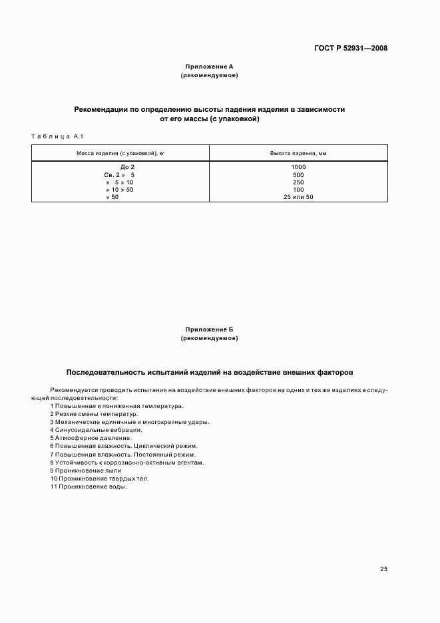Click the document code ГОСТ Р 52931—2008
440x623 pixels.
[x=351, y=48]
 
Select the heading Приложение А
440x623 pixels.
[x=209, y=67]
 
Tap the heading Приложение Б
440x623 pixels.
[x=209, y=329]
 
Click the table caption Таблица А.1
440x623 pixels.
[x=56, y=136]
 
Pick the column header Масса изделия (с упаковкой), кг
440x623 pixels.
[x=120, y=153]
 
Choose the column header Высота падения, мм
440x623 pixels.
[x=298, y=153]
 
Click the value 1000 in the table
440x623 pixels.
[x=298, y=166]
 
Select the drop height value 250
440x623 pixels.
[x=298, y=182]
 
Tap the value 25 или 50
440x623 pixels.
[x=298, y=197]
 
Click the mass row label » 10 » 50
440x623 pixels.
[x=119, y=190]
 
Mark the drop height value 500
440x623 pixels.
[x=298, y=174]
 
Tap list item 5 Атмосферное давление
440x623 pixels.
[x=91, y=437]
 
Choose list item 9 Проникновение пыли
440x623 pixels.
[x=85, y=470]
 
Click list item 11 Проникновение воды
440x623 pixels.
[x=88, y=486]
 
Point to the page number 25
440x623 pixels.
[x=383, y=569]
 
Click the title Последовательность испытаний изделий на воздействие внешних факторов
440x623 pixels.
[x=210, y=372]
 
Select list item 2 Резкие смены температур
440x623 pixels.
[x=94, y=413]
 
